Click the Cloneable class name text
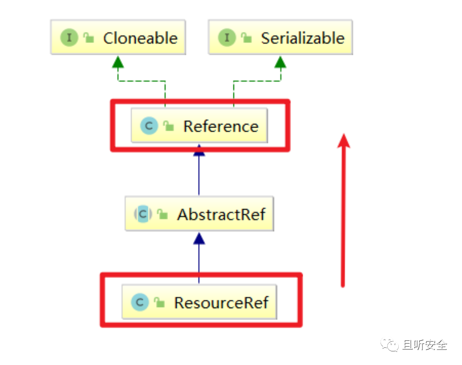[x=140, y=38]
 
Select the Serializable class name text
[x=303, y=38]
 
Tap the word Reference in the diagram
[x=221, y=126]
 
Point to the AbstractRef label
[x=221, y=214]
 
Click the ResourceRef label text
[x=221, y=303]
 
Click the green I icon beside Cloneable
[x=69, y=37]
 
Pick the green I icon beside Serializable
[x=227, y=37]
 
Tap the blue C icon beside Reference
[x=149, y=126]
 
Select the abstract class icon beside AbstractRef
[x=143, y=214]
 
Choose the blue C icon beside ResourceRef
[x=140, y=302]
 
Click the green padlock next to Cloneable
[x=88, y=37]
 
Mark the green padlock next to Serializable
[x=246, y=37]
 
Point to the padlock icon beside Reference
[x=168, y=126]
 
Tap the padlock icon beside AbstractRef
[x=162, y=214]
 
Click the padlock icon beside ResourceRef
[x=159, y=302]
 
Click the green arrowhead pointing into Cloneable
[x=118, y=62]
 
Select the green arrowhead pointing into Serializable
[x=280, y=62]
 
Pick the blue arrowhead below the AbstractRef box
[x=199, y=238]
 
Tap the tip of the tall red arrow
[x=344, y=134]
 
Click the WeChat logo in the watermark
[x=390, y=344]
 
